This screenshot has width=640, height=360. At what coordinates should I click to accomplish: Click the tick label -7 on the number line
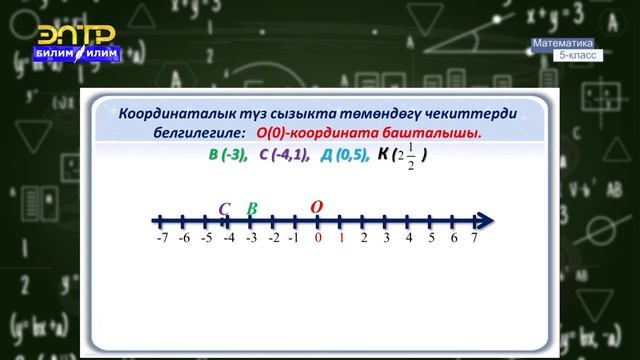161,238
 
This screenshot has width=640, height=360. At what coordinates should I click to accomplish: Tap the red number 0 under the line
318,238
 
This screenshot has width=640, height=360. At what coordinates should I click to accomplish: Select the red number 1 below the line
341,238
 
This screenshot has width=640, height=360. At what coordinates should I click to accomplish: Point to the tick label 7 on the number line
474,238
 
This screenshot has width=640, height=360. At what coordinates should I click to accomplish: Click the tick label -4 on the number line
228,238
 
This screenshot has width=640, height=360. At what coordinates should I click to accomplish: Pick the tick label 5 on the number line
430,238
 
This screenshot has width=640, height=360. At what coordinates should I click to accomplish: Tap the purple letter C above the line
225,209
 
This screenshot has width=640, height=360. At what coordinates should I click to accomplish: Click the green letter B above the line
251,208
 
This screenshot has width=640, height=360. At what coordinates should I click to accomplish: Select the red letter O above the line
317,207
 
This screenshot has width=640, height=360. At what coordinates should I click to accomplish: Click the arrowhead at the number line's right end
485,220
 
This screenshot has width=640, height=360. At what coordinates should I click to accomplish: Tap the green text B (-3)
227,155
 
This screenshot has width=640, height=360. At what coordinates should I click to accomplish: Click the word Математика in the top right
563,43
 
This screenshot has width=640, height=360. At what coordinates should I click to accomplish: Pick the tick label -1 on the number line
295,238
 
